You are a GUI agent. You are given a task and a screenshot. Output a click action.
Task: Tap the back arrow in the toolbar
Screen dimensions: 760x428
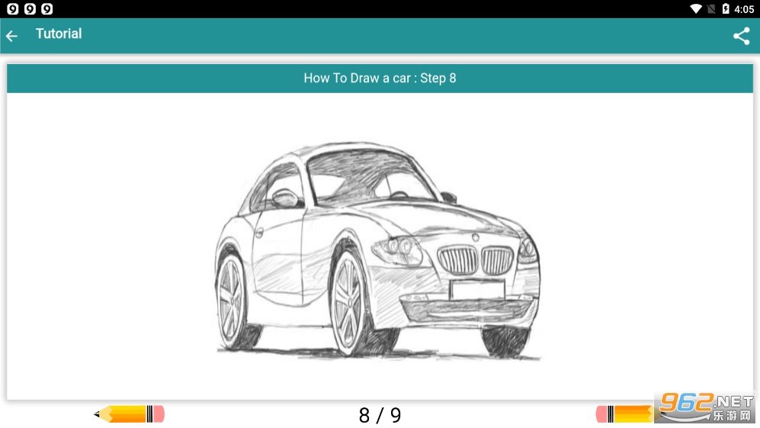[11, 35]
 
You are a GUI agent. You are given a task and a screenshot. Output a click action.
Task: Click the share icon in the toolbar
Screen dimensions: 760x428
[741, 36]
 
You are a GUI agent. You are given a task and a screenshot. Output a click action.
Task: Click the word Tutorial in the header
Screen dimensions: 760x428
[59, 34]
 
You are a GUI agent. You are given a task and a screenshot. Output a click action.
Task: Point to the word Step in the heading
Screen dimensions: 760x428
[433, 78]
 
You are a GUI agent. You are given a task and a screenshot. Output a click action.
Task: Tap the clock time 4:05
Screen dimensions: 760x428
[744, 9]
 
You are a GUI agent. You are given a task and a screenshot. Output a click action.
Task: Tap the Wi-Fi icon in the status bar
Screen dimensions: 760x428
[696, 8]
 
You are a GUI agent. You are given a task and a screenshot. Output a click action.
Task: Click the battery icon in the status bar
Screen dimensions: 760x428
[726, 8]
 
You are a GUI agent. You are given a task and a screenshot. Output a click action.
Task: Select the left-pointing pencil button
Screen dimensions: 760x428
[130, 414]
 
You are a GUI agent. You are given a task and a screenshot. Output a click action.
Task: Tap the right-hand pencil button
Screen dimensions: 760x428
[625, 414]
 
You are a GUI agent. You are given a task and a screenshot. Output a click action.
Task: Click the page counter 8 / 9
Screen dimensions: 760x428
[380, 415]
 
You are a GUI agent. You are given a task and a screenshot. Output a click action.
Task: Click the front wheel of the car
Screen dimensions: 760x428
[348, 304]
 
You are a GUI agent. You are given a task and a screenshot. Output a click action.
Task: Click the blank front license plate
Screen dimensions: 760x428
[477, 289]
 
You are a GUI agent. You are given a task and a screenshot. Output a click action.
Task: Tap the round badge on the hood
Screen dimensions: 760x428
[476, 237]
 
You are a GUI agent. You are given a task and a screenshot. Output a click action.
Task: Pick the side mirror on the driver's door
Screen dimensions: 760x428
[286, 198]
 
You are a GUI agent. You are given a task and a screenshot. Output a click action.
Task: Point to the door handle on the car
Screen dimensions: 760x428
[259, 233]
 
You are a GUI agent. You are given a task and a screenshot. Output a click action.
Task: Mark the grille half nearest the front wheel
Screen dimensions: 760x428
[457, 260]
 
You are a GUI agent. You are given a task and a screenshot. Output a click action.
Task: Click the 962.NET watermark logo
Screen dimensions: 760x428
[706, 407]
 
